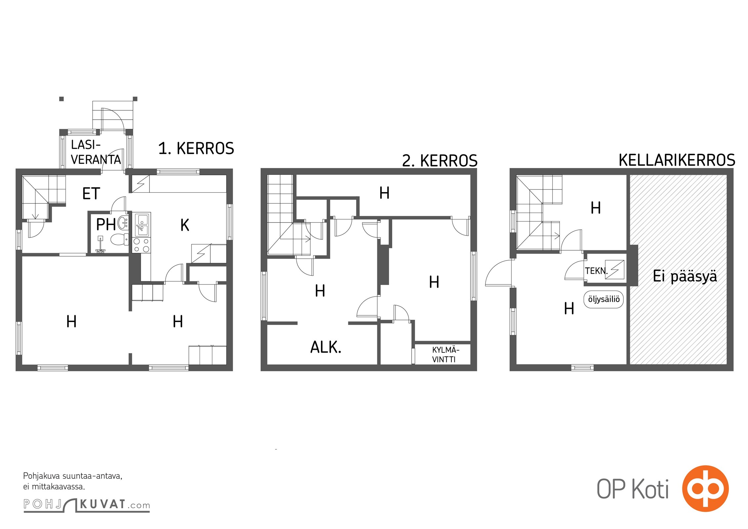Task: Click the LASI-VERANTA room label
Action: pos(96,152)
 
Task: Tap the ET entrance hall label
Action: pos(91,194)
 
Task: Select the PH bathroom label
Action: pos(106,224)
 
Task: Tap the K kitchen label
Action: pos(185,225)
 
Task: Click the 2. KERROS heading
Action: pos(440,161)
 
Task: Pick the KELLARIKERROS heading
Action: pos(677,160)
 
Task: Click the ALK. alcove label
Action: pos(326,347)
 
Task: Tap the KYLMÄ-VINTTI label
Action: pos(445,355)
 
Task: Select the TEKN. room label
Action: pos(596,271)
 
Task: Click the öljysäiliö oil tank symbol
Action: pos(604,299)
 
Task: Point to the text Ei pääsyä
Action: pos(685,276)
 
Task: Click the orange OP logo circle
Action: pos(706,489)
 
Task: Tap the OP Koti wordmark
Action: pos(633,489)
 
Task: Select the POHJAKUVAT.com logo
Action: pos(87,505)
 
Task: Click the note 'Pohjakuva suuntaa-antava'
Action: pos(73,476)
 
